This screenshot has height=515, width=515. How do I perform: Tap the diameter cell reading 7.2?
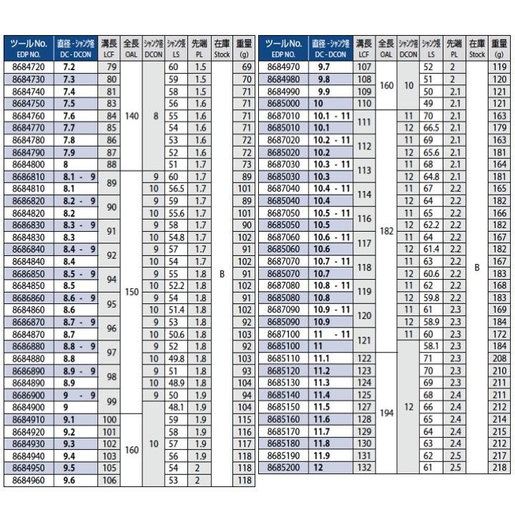pyautogui.click(x=70, y=67)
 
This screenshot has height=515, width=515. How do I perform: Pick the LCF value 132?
pyautogui.click(x=363, y=466)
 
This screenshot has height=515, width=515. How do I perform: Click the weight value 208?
pyautogui.click(x=499, y=357)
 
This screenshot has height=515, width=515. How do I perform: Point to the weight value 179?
pyautogui.click(x=499, y=127)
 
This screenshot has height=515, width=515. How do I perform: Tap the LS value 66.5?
pyautogui.click(x=431, y=127)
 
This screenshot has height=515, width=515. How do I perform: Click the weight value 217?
pyautogui.click(x=499, y=455)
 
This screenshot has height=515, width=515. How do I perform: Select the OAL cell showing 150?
pyautogui.click(x=131, y=291)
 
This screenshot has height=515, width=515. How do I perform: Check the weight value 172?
pyautogui.click(x=499, y=334)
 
